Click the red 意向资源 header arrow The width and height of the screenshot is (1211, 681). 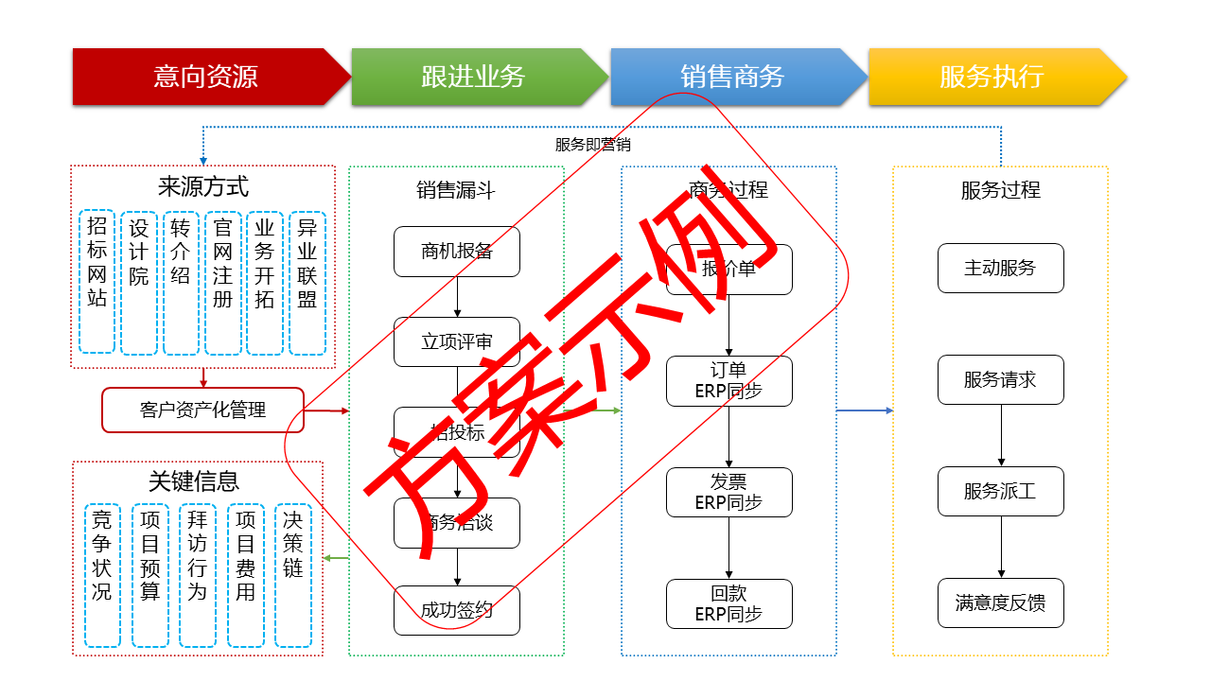(x=206, y=77)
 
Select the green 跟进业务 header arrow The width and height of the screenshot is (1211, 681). (x=473, y=77)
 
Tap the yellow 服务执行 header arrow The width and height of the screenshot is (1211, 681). (x=992, y=77)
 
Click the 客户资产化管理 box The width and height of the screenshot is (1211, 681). (x=202, y=410)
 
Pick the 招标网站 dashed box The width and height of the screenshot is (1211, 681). (x=97, y=282)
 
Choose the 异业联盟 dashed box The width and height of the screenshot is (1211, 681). (x=307, y=282)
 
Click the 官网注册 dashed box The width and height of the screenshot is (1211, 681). (x=222, y=282)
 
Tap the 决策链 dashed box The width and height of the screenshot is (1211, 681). (x=293, y=575)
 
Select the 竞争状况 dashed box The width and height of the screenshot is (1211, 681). (x=101, y=575)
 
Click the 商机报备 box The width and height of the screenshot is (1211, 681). (x=457, y=252)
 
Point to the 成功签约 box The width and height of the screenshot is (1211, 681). (x=457, y=610)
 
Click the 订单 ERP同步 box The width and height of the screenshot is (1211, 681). (x=728, y=380)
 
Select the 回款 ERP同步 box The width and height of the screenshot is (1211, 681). (x=728, y=603)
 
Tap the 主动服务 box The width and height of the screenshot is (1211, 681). (x=1000, y=269)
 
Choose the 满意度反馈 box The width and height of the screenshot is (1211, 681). (x=1000, y=603)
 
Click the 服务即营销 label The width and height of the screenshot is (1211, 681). (x=592, y=145)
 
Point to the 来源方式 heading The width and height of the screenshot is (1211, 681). (x=203, y=185)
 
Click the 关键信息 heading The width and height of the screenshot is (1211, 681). (x=194, y=480)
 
